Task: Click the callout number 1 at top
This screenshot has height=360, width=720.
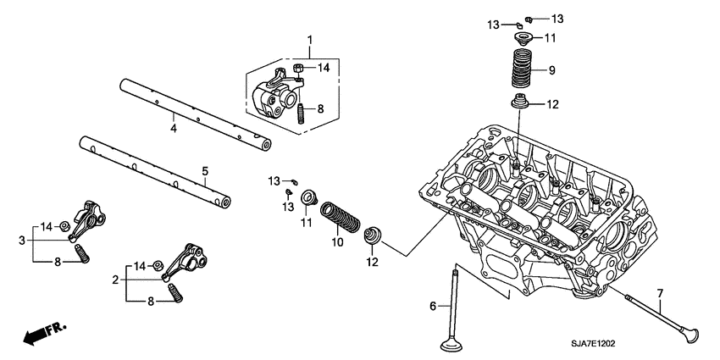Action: coord(310,40)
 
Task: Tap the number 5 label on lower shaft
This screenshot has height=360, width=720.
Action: coord(204,172)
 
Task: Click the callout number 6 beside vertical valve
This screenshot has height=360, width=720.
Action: coord(432,306)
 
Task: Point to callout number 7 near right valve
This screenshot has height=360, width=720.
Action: coord(661,293)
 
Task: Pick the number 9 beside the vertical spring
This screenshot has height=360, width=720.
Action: coord(551,69)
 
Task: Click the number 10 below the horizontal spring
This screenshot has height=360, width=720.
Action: coord(337,243)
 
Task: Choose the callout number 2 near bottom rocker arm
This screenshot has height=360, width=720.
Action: coord(115,280)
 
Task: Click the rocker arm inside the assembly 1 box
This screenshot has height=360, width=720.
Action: coord(275,92)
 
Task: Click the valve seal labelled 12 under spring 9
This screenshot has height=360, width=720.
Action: coord(521,105)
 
